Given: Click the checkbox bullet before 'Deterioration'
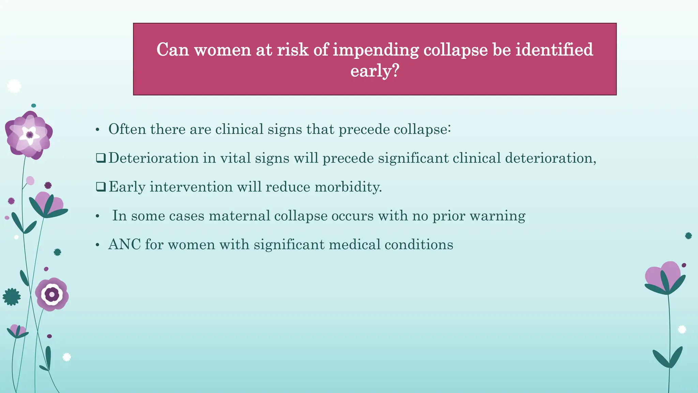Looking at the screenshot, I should (101, 158).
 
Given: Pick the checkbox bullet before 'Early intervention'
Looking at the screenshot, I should (101, 187).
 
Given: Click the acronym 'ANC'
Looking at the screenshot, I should (124, 245).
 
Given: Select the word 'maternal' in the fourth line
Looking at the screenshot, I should (239, 216).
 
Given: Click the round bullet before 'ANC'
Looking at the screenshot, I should (97, 245).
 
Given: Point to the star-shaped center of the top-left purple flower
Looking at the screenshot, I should (30, 134).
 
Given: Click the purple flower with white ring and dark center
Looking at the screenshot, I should (52, 294).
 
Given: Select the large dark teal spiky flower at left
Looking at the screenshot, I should (12, 297).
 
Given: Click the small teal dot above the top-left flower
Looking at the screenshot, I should (33, 106).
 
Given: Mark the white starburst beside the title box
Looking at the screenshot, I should (14, 86).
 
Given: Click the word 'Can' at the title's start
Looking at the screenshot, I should (172, 50).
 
